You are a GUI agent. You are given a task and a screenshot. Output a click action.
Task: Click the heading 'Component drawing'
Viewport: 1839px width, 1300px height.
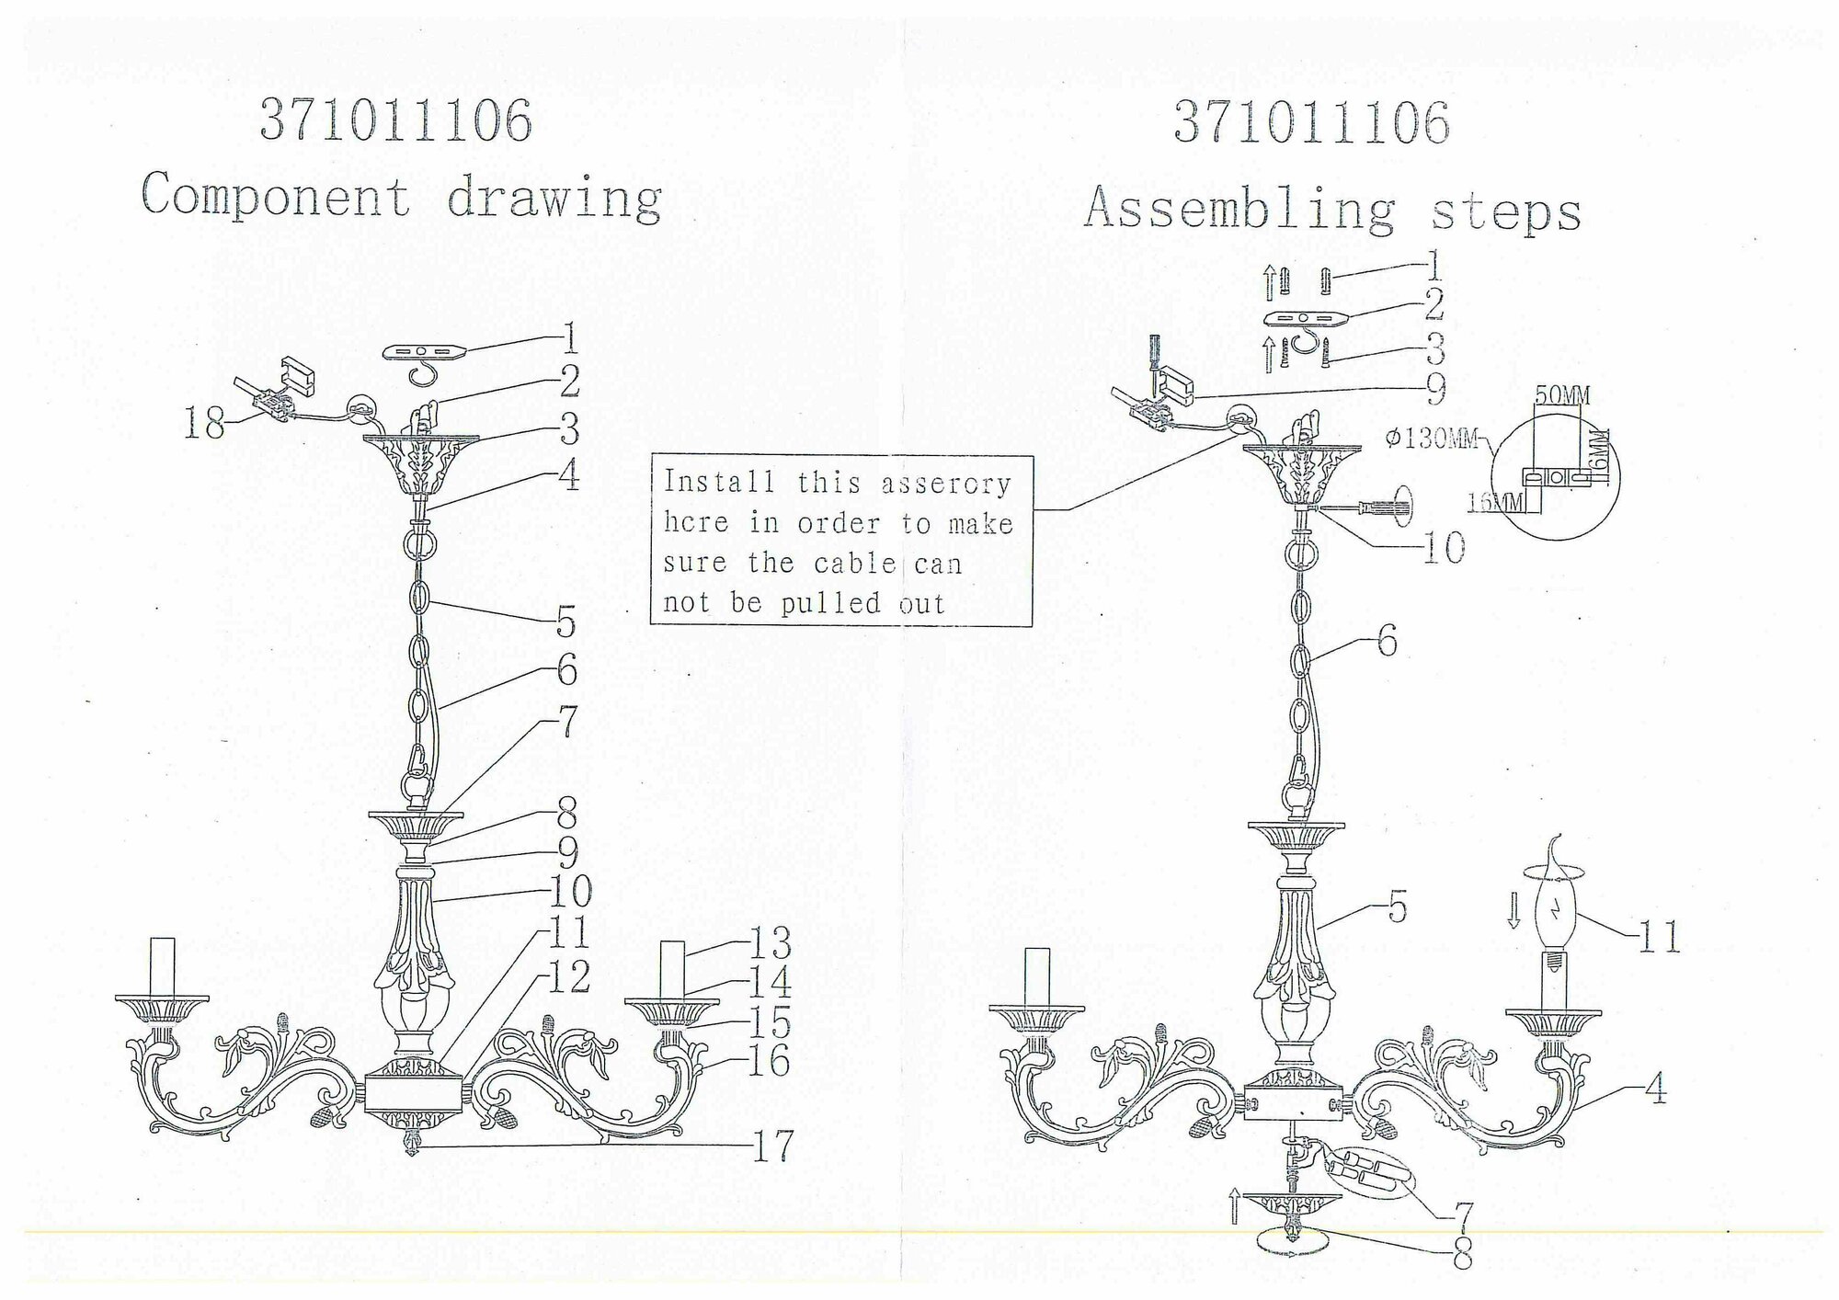click(x=402, y=197)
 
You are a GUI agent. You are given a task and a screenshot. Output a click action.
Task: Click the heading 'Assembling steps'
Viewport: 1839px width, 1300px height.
click(x=1332, y=211)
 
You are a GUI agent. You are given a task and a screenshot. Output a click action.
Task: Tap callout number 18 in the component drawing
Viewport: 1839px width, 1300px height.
click(x=203, y=424)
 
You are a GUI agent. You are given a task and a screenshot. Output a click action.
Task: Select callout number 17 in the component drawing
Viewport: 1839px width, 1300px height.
click(x=771, y=1146)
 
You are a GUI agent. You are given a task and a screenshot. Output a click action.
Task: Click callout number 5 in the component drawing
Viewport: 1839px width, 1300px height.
click(x=565, y=622)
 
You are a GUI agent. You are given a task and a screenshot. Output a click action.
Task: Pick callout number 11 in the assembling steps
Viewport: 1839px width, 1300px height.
click(x=1659, y=937)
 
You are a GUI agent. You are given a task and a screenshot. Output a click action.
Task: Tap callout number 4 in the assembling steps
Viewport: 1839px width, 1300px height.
click(x=1655, y=1091)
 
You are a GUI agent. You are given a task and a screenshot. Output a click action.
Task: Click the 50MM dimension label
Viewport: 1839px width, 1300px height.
click(x=1562, y=396)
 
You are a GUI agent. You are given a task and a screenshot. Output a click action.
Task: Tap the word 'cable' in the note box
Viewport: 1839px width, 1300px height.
click(x=856, y=564)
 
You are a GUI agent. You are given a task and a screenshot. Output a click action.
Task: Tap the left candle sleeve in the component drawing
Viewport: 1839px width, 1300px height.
click(x=162, y=966)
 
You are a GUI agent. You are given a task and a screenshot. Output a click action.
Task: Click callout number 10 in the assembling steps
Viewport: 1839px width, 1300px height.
click(x=1444, y=549)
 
